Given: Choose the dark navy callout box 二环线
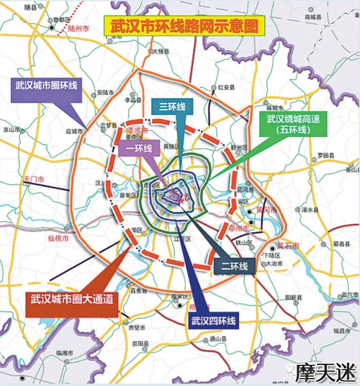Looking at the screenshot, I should [233, 266].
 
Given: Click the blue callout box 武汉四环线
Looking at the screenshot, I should [215, 322].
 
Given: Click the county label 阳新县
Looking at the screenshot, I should [292, 297].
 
